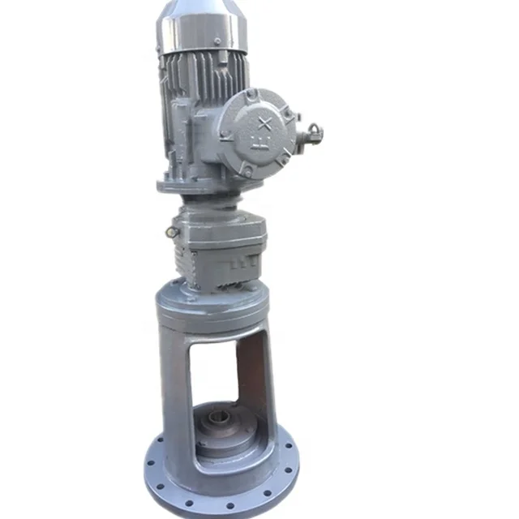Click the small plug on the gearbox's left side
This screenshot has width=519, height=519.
pyautogui.click(x=172, y=233)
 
